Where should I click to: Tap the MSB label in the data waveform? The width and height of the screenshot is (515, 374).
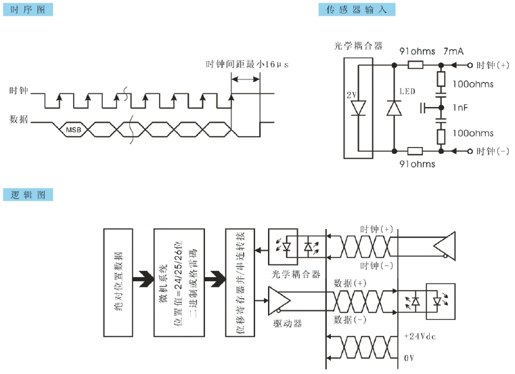click(73, 128)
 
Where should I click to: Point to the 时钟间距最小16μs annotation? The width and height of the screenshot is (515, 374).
click(247, 64)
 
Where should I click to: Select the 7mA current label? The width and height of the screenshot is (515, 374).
click(453, 51)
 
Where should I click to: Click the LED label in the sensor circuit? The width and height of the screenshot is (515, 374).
click(407, 91)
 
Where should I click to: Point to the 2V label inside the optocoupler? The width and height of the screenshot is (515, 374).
click(351, 95)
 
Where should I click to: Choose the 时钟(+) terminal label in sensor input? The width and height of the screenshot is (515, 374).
click(492, 66)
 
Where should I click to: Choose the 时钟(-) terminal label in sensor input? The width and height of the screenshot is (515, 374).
click(492, 150)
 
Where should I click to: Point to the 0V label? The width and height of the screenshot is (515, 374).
click(409, 356)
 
